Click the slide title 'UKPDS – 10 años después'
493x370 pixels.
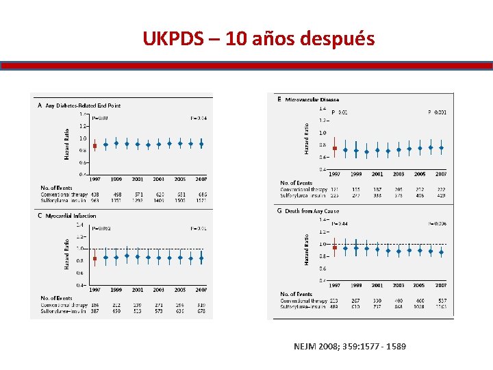tap(258, 39)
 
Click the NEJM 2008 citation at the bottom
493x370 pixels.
tap(349, 346)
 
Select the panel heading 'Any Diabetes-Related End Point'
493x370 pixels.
tap(83, 106)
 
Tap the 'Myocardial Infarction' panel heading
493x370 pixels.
tap(71, 216)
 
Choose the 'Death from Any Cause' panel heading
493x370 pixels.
tap(312, 211)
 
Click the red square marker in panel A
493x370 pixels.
tap(94, 145)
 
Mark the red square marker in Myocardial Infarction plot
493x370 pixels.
tap(94, 258)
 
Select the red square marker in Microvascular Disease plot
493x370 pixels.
tap(334, 148)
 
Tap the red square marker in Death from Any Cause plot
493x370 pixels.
tap(334, 248)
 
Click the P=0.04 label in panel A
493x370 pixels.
tap(199, 118)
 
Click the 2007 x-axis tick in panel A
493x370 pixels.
tap(201, 179)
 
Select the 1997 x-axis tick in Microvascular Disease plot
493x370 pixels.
tap(335, 174)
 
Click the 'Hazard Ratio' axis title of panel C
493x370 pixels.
tap(66, 254)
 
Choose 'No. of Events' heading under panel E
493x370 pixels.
tap(296, 182)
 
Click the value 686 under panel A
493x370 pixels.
tap(202, 195)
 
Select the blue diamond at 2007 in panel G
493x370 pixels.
tap(441, 252)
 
